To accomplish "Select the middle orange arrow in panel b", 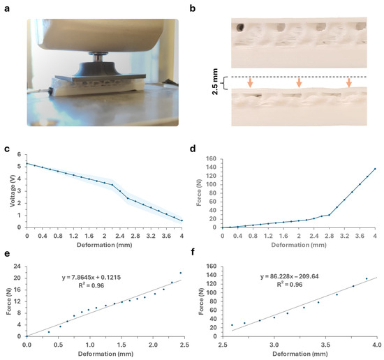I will pyautogui.click(x=299, y=82).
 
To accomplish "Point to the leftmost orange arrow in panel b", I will pyautogui.click(x=249, y=82).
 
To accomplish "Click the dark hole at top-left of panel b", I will pyautogui.click(x=240, y=28).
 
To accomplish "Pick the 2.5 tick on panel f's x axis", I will pyautogui.click(x=223, y=344).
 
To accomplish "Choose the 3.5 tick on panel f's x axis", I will pyautogui.click(x=325, y=344).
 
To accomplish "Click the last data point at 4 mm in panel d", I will pyautogui.click(x=375, y=168).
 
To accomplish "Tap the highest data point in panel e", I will pyautogui.click(x=180, y=273).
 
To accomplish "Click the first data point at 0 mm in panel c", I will pyautogui.click(x=27, y=163).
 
